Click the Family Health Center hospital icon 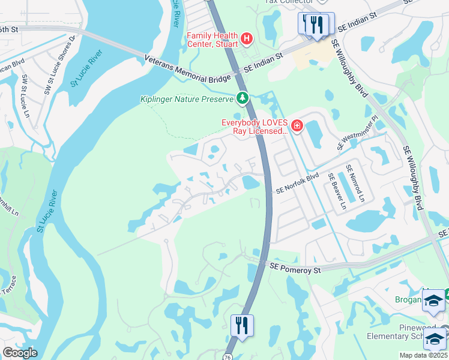[x=246, y=40]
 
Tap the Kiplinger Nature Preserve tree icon [x=242, y=97]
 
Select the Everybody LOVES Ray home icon [x=297, y=125]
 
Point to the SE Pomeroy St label [x=295, y=268]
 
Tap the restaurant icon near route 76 [x=242, y=325]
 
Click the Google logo [x=20, y=353]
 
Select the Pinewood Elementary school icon [x=435, y=340]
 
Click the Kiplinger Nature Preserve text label [x=187, y=99]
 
